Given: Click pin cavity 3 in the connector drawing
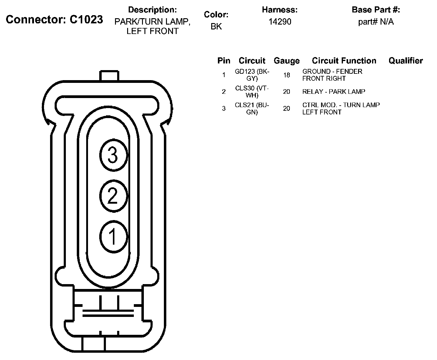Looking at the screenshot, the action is (113, 155).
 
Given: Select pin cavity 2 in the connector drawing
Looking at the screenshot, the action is (113, 196).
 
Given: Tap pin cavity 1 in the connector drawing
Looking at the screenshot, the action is (113, 237).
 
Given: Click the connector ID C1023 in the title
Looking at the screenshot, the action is (86, 19).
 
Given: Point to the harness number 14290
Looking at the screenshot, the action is (280, 22).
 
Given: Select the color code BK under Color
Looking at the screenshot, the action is (216, 26).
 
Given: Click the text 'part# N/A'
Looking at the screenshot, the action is (376, 22).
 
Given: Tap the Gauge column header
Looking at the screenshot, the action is (287, 61).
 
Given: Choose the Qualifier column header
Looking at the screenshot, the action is (406, 61).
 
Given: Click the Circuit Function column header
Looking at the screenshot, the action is (344, 61).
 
